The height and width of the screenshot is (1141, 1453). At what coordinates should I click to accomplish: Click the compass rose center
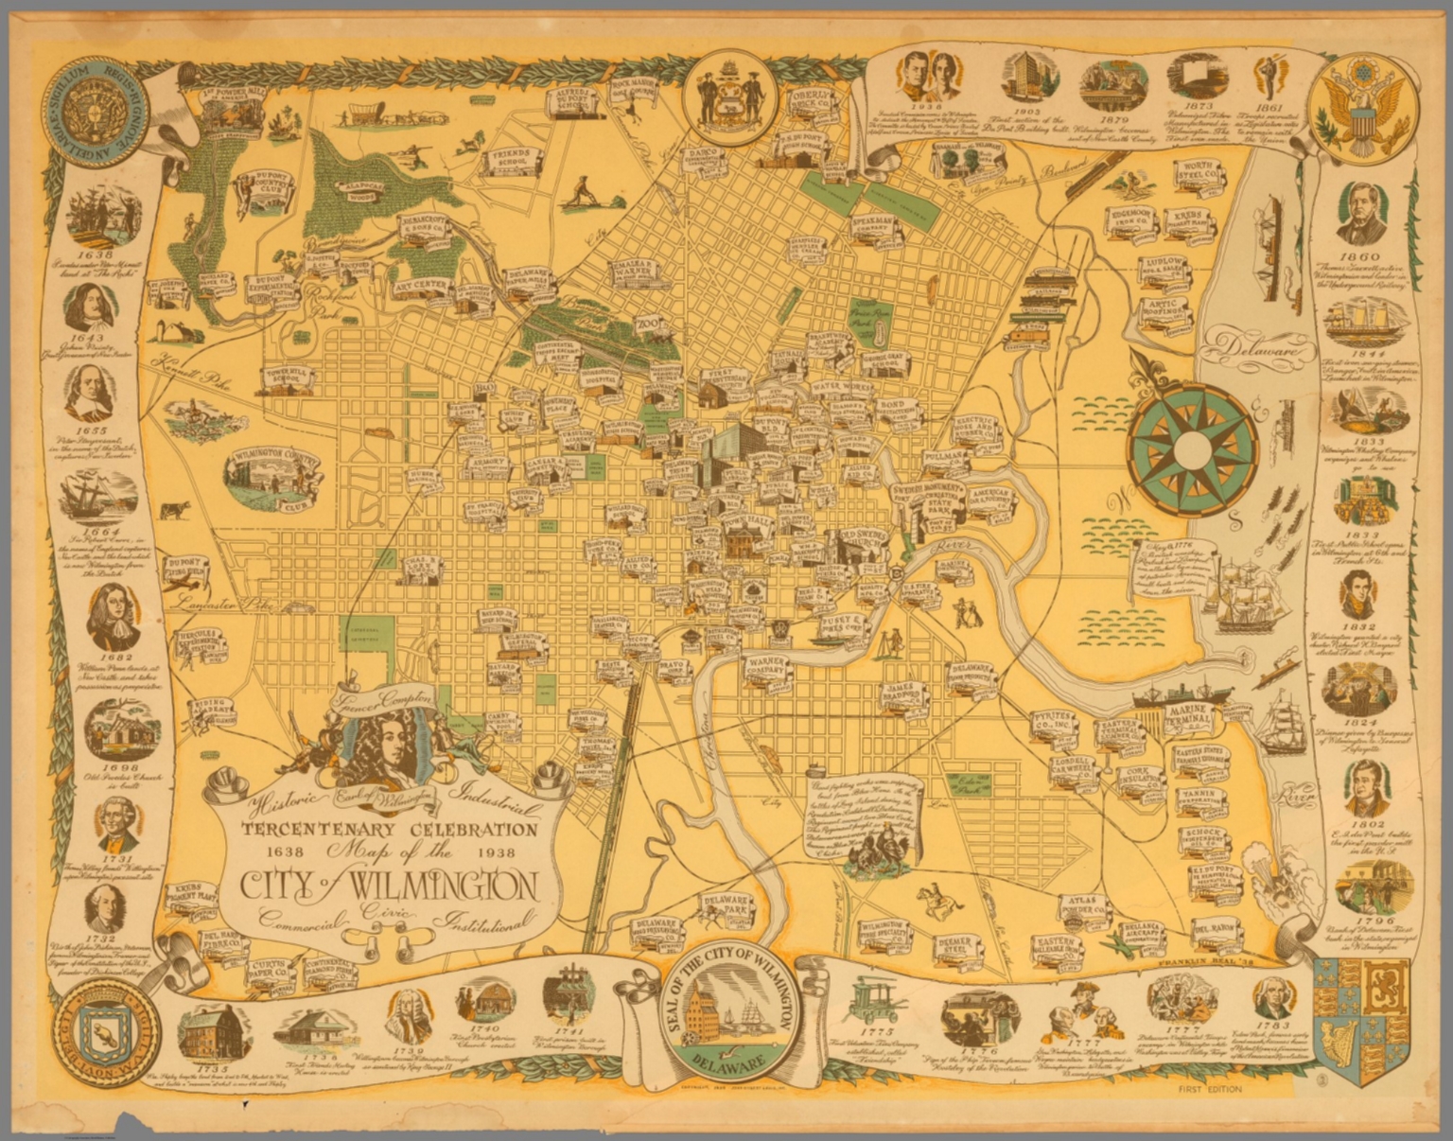pyautogui.click(x=1193, y=447)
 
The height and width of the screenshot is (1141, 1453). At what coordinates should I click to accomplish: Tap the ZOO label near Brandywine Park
pyautogui.click(x=650, y=325)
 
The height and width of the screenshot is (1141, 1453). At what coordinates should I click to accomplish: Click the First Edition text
pyautogui.click(x=1211, y=1089)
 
